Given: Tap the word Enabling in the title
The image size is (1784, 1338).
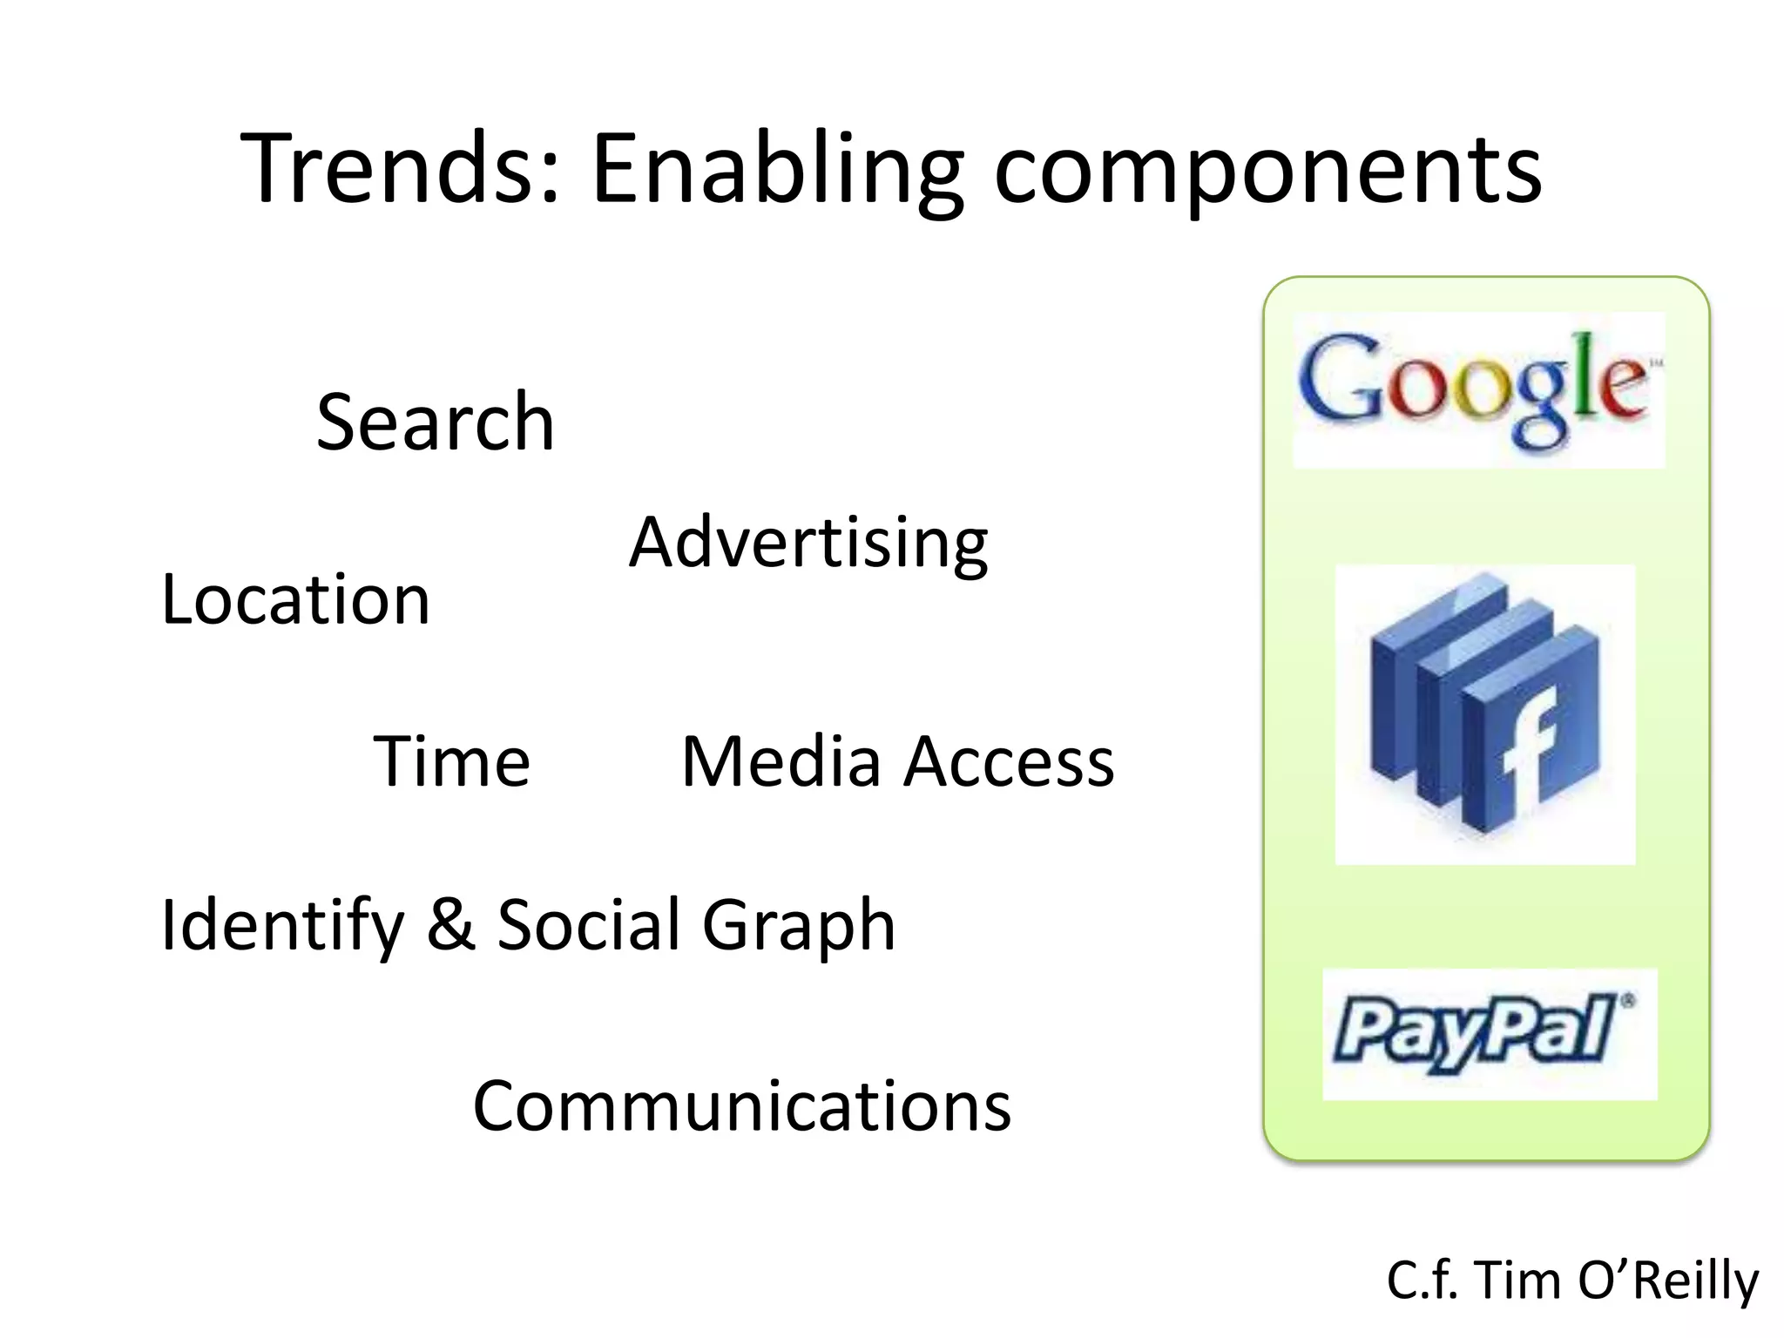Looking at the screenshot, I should tap(777, 170).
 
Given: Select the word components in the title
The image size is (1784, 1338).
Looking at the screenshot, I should tap(1267, 170).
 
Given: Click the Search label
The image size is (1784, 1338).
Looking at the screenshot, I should tap(435, 422).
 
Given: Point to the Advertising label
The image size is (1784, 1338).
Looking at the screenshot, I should tap(808, 543).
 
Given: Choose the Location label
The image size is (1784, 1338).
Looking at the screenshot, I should tap(296, 599).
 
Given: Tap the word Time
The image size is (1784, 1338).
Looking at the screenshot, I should tap(451, 761).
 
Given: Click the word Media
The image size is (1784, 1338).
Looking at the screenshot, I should tap(780, 761).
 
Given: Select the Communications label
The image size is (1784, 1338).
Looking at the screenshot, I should tap(741, 1106).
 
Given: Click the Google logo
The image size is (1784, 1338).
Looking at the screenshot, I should tap(1478, 390).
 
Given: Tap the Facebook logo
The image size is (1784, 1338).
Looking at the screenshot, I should tap(1485, 714).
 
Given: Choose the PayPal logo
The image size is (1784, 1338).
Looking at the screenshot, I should tap(1490, 1034).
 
